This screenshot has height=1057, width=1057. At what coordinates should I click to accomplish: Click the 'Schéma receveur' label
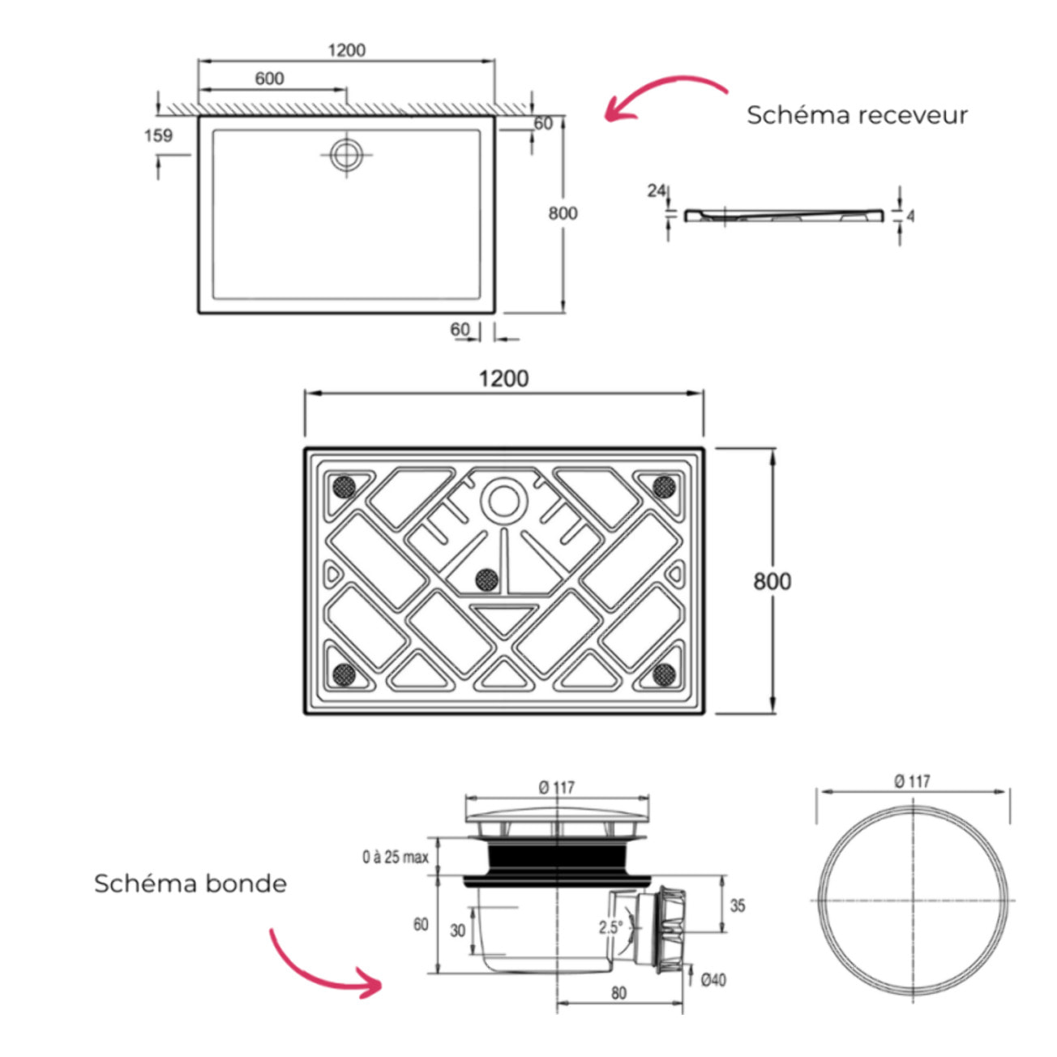point(857,115)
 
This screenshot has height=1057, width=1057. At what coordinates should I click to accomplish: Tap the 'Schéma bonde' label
point(190,883)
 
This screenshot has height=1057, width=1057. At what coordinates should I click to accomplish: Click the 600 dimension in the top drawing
point(269,79)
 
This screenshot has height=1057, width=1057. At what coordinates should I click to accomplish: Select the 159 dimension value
point(158,135)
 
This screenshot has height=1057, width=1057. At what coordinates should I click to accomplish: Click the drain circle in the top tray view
point(347,153)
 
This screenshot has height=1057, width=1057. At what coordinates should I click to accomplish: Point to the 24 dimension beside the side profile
point(656,191)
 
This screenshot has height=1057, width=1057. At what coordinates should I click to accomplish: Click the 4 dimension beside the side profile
point(910,216)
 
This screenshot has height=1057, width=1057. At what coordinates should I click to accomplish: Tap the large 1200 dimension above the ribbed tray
point(503,379)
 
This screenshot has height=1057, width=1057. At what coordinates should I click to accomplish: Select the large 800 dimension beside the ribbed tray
point(772,581)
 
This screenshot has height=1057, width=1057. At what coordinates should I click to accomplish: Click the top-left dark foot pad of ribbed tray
point(344,486)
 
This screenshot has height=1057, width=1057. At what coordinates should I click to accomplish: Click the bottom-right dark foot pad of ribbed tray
point(665,673)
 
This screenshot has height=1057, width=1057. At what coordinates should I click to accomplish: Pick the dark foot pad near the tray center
point(486,579)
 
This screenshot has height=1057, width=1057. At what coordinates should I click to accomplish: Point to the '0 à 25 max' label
point(395,857)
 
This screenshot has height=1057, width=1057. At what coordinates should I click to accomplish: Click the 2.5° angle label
point(610,927)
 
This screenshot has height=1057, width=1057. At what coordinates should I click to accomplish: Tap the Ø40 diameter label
point(713,980)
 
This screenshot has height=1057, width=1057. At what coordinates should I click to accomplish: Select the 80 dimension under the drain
point(618,993)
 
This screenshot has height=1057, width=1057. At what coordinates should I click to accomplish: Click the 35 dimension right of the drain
point(737,905)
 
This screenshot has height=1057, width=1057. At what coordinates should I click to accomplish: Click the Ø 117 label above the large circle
point(912,781)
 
